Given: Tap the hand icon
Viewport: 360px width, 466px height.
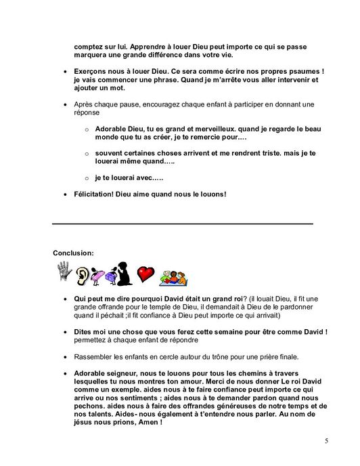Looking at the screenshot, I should coord(64,273).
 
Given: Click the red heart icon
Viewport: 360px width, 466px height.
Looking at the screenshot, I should coord(145,273).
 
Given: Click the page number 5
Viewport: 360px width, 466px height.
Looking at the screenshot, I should coord(326,441).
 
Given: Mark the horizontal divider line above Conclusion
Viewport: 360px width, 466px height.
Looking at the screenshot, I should coord(183,223).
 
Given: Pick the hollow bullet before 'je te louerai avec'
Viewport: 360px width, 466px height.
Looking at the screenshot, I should coord(86,178).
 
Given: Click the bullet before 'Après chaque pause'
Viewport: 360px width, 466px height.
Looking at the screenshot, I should coord(65,105).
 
